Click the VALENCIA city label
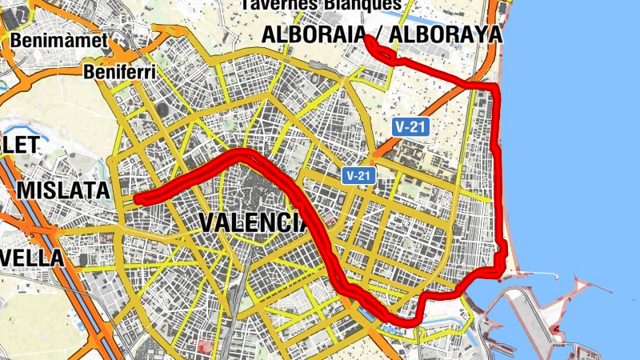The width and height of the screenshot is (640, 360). (x=253, y=222)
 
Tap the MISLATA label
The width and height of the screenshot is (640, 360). (x=62, y=190)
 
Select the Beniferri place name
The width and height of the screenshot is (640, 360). (x=118, y=73)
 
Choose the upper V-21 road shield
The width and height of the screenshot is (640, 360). (x=409, y=126)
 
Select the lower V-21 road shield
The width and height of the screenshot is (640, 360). (x=358, y=174)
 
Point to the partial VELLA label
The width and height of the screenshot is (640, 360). (x=31, y=258)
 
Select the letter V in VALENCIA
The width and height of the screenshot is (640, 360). (x=209, y=222)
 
